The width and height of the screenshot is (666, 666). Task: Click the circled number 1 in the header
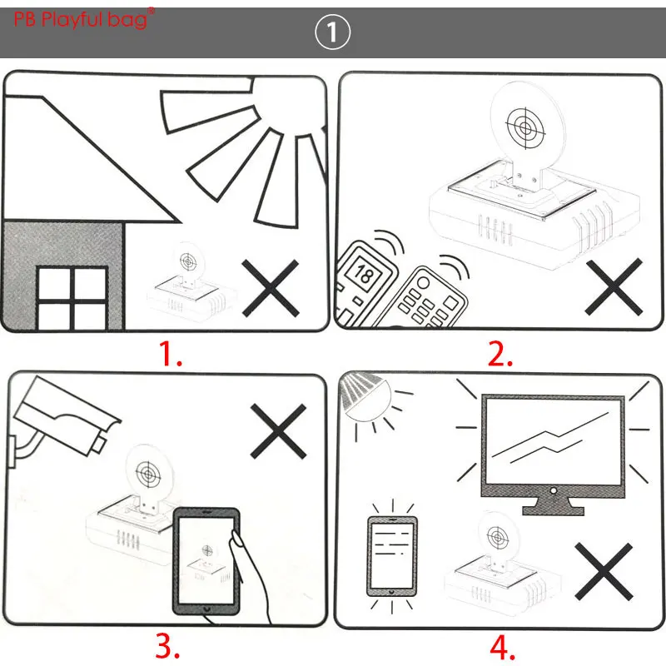(x=333, y=33)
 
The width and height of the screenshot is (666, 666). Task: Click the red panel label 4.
(x=499, y=645)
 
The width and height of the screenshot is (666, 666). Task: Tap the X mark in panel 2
(x=614, y=286)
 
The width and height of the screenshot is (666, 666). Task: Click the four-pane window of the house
(x=72, y=298)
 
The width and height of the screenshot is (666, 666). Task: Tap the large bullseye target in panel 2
(x=525, y=127)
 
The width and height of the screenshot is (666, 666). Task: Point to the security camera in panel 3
(x=62, y=416)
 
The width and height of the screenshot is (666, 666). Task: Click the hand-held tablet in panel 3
(x=206, y=559)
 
